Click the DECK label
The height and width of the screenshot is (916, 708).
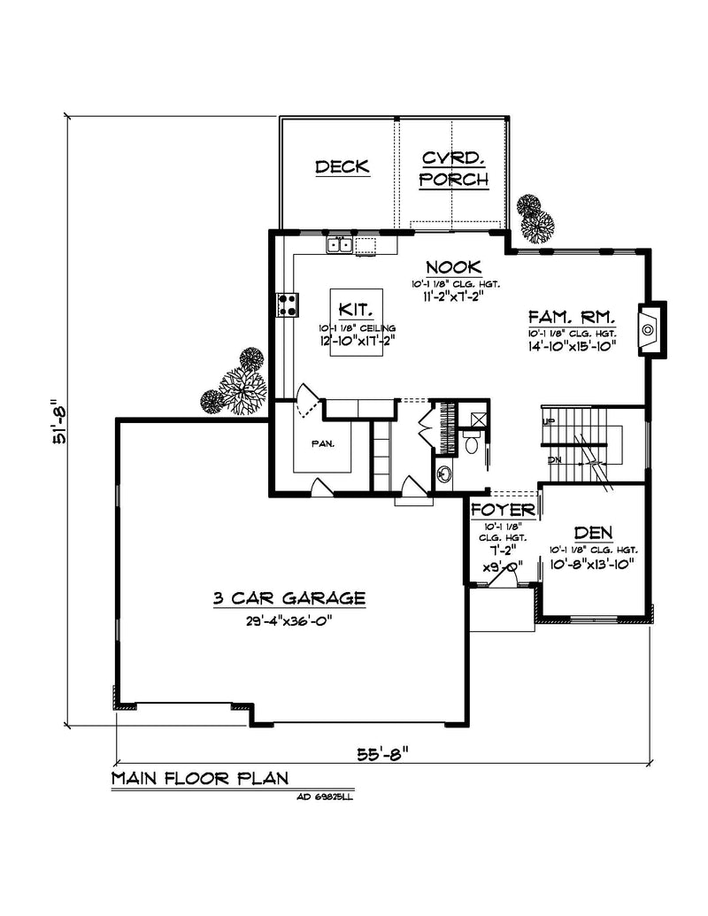342,167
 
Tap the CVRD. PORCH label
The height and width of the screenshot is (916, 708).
453,169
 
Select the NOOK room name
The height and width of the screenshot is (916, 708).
452,266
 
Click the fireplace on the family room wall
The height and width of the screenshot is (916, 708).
650,329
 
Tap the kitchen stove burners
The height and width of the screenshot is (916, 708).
288,304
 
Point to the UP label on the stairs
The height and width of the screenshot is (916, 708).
548,421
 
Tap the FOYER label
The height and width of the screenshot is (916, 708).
502,511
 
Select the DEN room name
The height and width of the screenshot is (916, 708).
594,532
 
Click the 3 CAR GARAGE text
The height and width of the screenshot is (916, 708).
289,598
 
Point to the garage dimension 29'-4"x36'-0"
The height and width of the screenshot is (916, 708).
289,621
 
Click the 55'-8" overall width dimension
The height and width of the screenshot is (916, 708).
382,754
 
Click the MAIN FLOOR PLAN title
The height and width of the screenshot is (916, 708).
200,780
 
